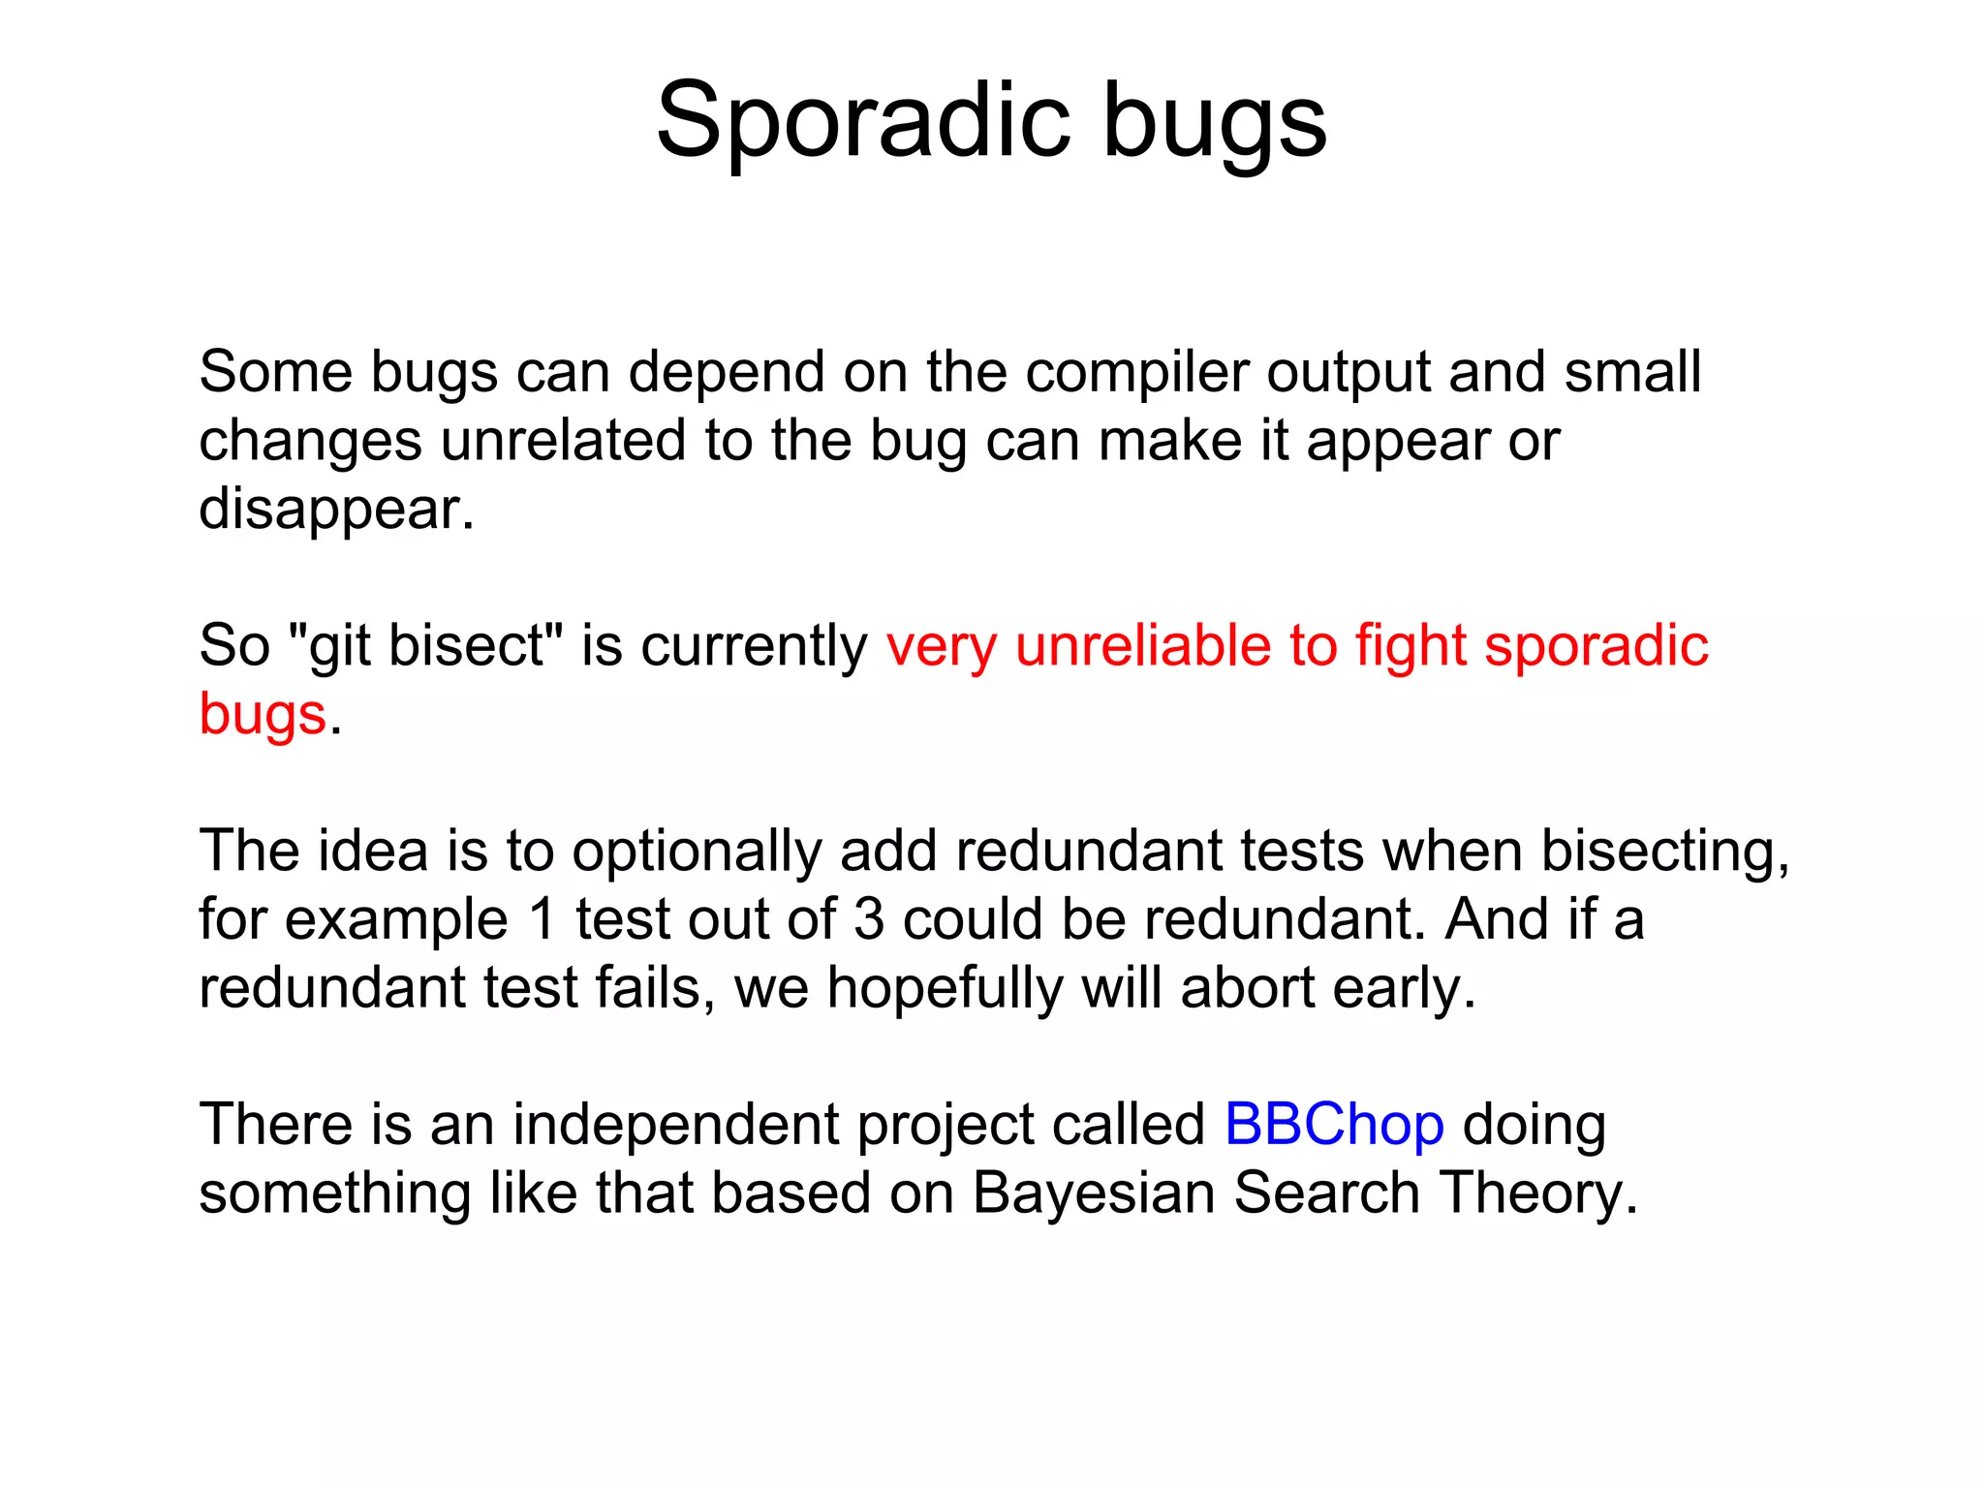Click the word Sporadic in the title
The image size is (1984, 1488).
tap(863, 121)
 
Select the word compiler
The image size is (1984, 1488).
tap(1136, 373)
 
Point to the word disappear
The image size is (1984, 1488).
tap(335, 510)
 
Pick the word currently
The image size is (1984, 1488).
tap(754, 646)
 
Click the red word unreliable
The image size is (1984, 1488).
tap(1142, 645)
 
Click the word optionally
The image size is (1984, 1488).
tap(696, 852)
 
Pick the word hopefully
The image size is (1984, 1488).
tap(945, 989)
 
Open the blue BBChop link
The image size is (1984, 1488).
tap(1334, 1125)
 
